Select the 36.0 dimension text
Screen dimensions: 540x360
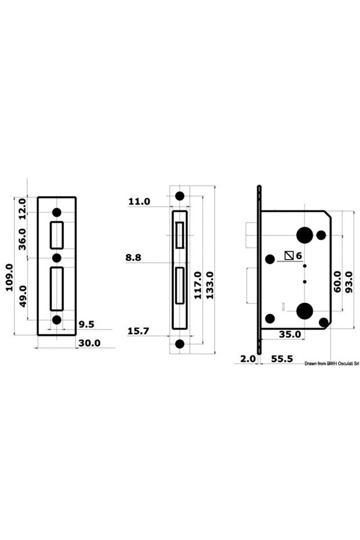(x=23, y=239)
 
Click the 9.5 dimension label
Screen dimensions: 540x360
(x=86, y=324)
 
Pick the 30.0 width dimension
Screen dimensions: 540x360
(x=89, y=343)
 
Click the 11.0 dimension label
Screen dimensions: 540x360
(x=139, y=202)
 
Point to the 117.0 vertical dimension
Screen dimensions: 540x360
(x=198, y=285)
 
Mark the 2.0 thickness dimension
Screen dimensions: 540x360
(x=248, y=359)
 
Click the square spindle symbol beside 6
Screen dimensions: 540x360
(x=289, y=255)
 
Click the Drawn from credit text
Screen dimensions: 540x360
(x=332, y=363)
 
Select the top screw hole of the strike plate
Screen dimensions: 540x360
(x=56, y=212)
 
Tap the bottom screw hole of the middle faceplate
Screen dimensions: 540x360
(x=180, y=344)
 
